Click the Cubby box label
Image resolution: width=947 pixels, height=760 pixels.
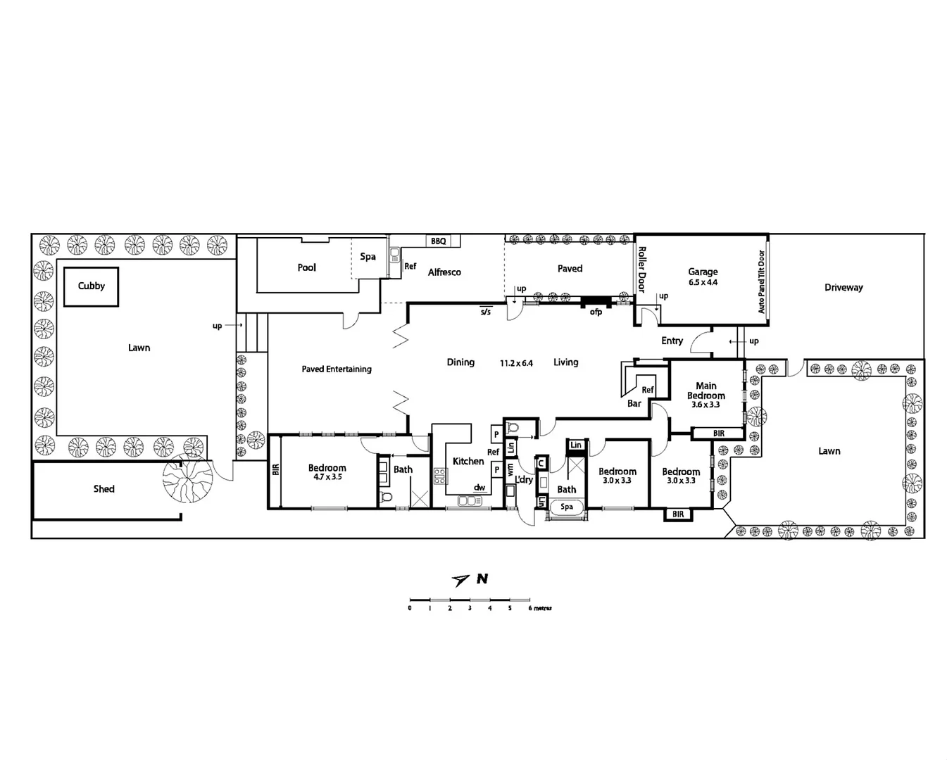pos(91,286)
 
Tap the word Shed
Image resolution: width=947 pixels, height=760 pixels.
pos(104,488)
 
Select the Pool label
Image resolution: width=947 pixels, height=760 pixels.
pos(306,267)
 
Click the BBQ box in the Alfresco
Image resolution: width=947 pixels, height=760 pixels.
pos(439,241)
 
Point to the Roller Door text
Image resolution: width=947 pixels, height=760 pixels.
pos(641,270)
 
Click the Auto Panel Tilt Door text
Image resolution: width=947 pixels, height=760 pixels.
pos(761,281)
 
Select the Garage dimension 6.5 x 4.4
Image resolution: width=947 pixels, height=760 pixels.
pos(703,282)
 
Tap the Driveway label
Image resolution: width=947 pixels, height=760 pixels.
pos(843,287)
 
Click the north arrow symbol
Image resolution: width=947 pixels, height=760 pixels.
pos(461,580)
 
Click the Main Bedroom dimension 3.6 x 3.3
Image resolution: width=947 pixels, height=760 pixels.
pos(705,405)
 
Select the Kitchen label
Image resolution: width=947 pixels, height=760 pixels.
pos(468,461)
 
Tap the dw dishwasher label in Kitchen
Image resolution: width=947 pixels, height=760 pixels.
pos(479,487)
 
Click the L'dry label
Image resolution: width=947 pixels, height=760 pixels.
pos(524,479)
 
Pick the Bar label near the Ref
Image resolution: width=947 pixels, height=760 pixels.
pos(634,403)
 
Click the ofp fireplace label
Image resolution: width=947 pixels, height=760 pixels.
pos(596,312)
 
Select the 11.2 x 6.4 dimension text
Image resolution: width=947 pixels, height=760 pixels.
pos(516,363)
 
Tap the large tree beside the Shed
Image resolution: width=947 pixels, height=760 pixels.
pos(187,479)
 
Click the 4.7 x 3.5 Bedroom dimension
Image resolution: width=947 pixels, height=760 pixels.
pos(327,477)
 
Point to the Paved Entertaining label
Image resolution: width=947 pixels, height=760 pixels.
pos(336,369)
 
